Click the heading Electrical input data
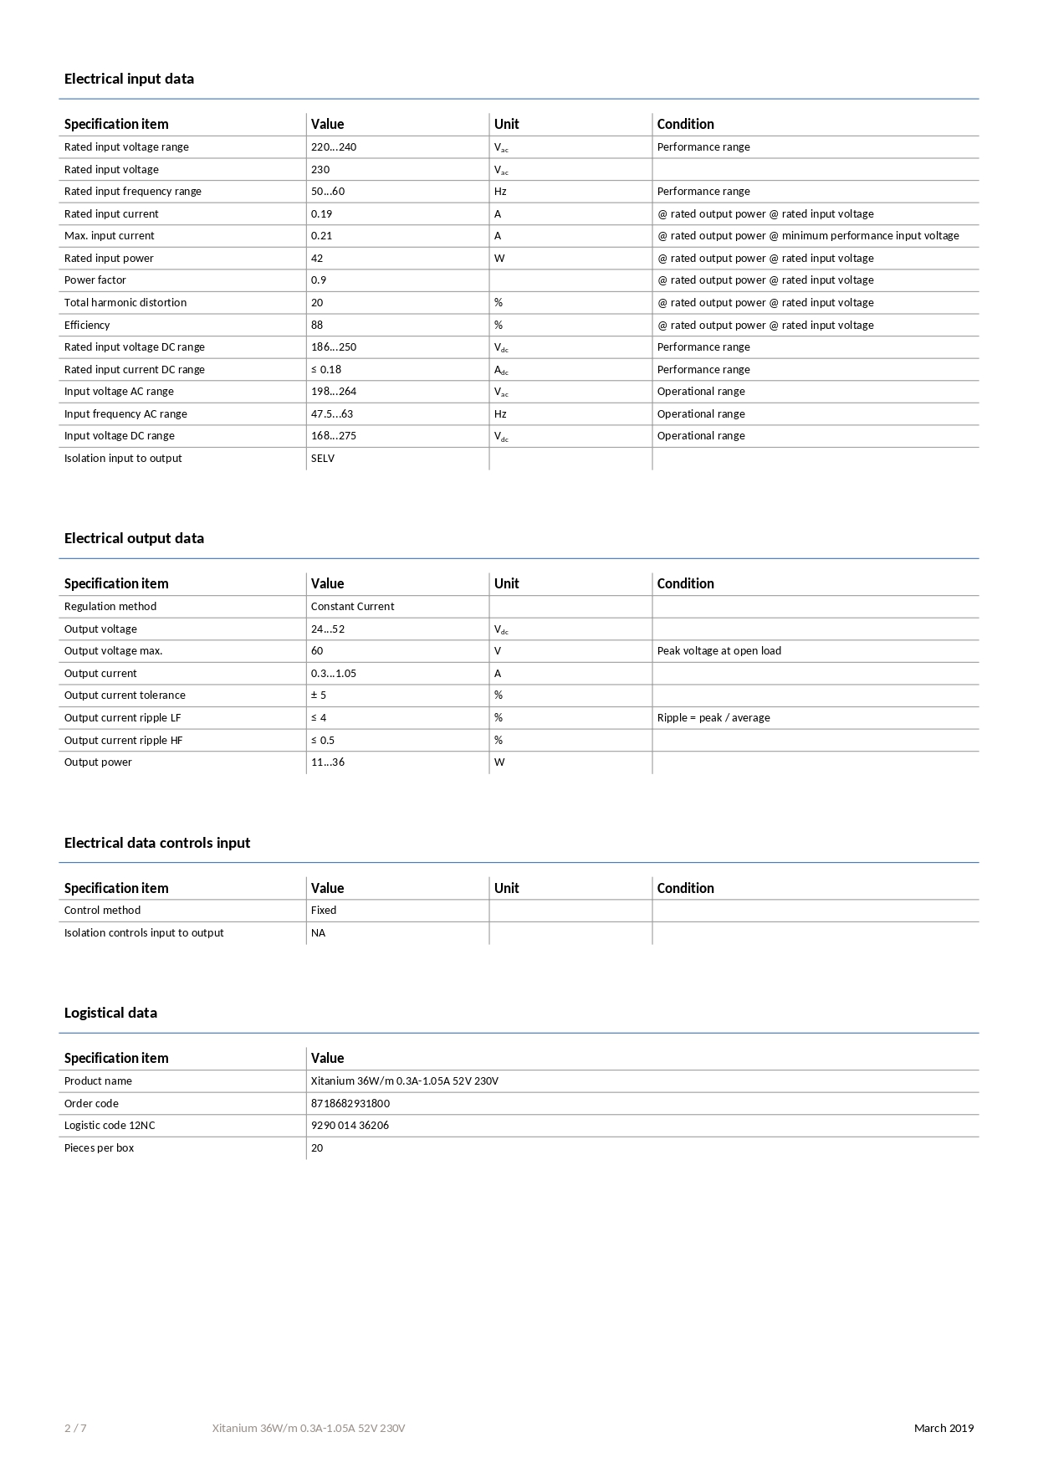pyautogui.click(x=129, y=79)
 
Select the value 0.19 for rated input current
pyautogui.click(x=321, y=213)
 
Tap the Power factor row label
pyautogui.click(x=95, y=280)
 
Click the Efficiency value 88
pyautogui.click(x=317, y=325)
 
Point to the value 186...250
pyautogui.click(x=333, y=347)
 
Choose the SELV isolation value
pyautogui.click(x=323, y=459)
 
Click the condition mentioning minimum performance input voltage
pyautogui.click(x=808, y=236)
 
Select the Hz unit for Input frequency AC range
pyautogui.click(x=500, y=414)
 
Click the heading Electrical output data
pyautogui.click(x=134, y=538)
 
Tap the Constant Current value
pyautogui.click(x=352, y=607)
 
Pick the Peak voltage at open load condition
pyautogui.click(x=718, y=651)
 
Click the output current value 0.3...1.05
pyautogui.click(x=333, y=674)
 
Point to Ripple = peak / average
pyautogui.click(x=713, y=718)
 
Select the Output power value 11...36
pyautogui.click(x=327, y=762)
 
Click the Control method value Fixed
pyautogui.click(x=324, y=911)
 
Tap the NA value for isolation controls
pyautogui.click(x=318, y=933)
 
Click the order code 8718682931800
pyautogui.click(x=350, y=1104)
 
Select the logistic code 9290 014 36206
pyautogui.click(x=350, y=1126)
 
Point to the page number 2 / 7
pyautogui.click(x=75, y=1429)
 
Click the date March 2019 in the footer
pyautogui.click(x=943, y=1429)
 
